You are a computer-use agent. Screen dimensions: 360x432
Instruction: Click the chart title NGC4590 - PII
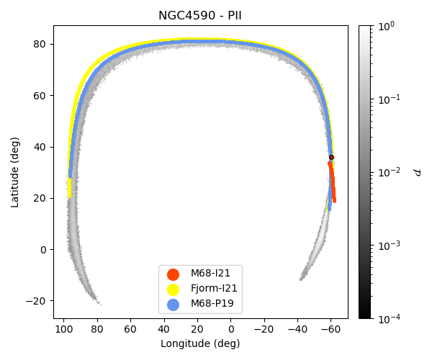200,16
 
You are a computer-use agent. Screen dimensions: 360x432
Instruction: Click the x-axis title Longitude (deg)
200,344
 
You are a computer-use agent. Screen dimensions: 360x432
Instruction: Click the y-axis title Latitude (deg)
15,171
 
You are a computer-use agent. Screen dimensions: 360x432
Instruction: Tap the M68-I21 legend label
210,274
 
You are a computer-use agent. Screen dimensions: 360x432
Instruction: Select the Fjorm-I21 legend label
214,289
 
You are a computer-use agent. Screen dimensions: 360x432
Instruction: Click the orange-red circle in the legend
173,274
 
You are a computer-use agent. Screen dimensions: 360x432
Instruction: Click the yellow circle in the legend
173,289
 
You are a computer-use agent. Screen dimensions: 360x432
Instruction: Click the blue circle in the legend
173,304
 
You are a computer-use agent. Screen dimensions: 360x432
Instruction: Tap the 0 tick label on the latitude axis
43,250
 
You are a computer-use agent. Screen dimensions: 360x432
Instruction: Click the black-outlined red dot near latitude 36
331,157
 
